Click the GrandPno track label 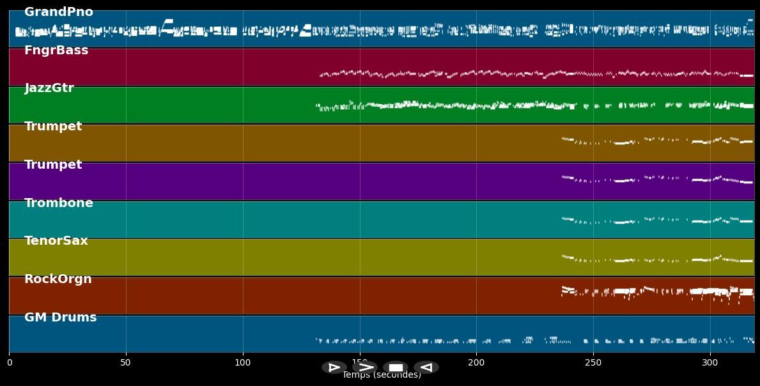click(x=59, y=12)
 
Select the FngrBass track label click(x=56, y=50)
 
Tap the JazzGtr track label click(x=49, y=88)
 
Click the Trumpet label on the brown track click(x=53, y=127)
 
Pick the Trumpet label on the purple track click(x=53, y=165)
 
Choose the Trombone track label click(x=59, y=203)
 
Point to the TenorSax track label click(x=56, y=241)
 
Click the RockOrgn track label click(x=58, y=279)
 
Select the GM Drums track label click(x=61, y=318)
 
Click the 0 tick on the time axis click(x=9, y=363)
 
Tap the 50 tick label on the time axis click(x=126, y=363)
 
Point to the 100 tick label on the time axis click(x=243, y=363)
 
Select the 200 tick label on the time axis click(x=476, y=363)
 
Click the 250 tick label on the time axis click(x=593, y=363)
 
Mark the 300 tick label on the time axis click(x=710, y=363)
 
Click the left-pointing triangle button click(x=426, y=367)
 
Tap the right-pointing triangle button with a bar click(x=334, y=367)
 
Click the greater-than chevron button click(x=365, y=367)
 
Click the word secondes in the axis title click(x=397, y=376)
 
